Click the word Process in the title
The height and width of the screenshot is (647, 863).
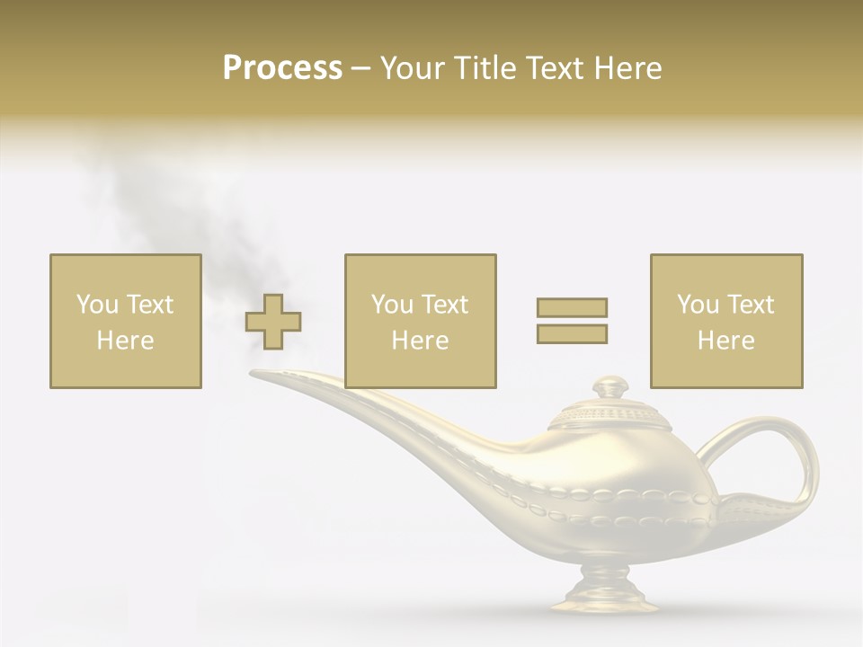[x=282, y=68]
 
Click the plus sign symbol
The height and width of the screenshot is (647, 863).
[x=273, y=321]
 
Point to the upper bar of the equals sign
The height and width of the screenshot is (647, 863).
[x=572, y=307]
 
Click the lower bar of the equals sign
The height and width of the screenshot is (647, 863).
[x=572, y=333]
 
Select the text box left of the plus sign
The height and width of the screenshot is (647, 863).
[x=125, y=321]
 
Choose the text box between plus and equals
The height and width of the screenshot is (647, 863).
[x=420, y=321]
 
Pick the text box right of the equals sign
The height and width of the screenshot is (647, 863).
[x=725, y=321]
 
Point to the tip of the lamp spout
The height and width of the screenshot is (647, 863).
[x=261, y=374]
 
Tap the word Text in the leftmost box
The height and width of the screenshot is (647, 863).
[x=149, y=305]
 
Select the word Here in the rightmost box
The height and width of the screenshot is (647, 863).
[x=725, y=341]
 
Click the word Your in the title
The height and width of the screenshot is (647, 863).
[x=415, y=68]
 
